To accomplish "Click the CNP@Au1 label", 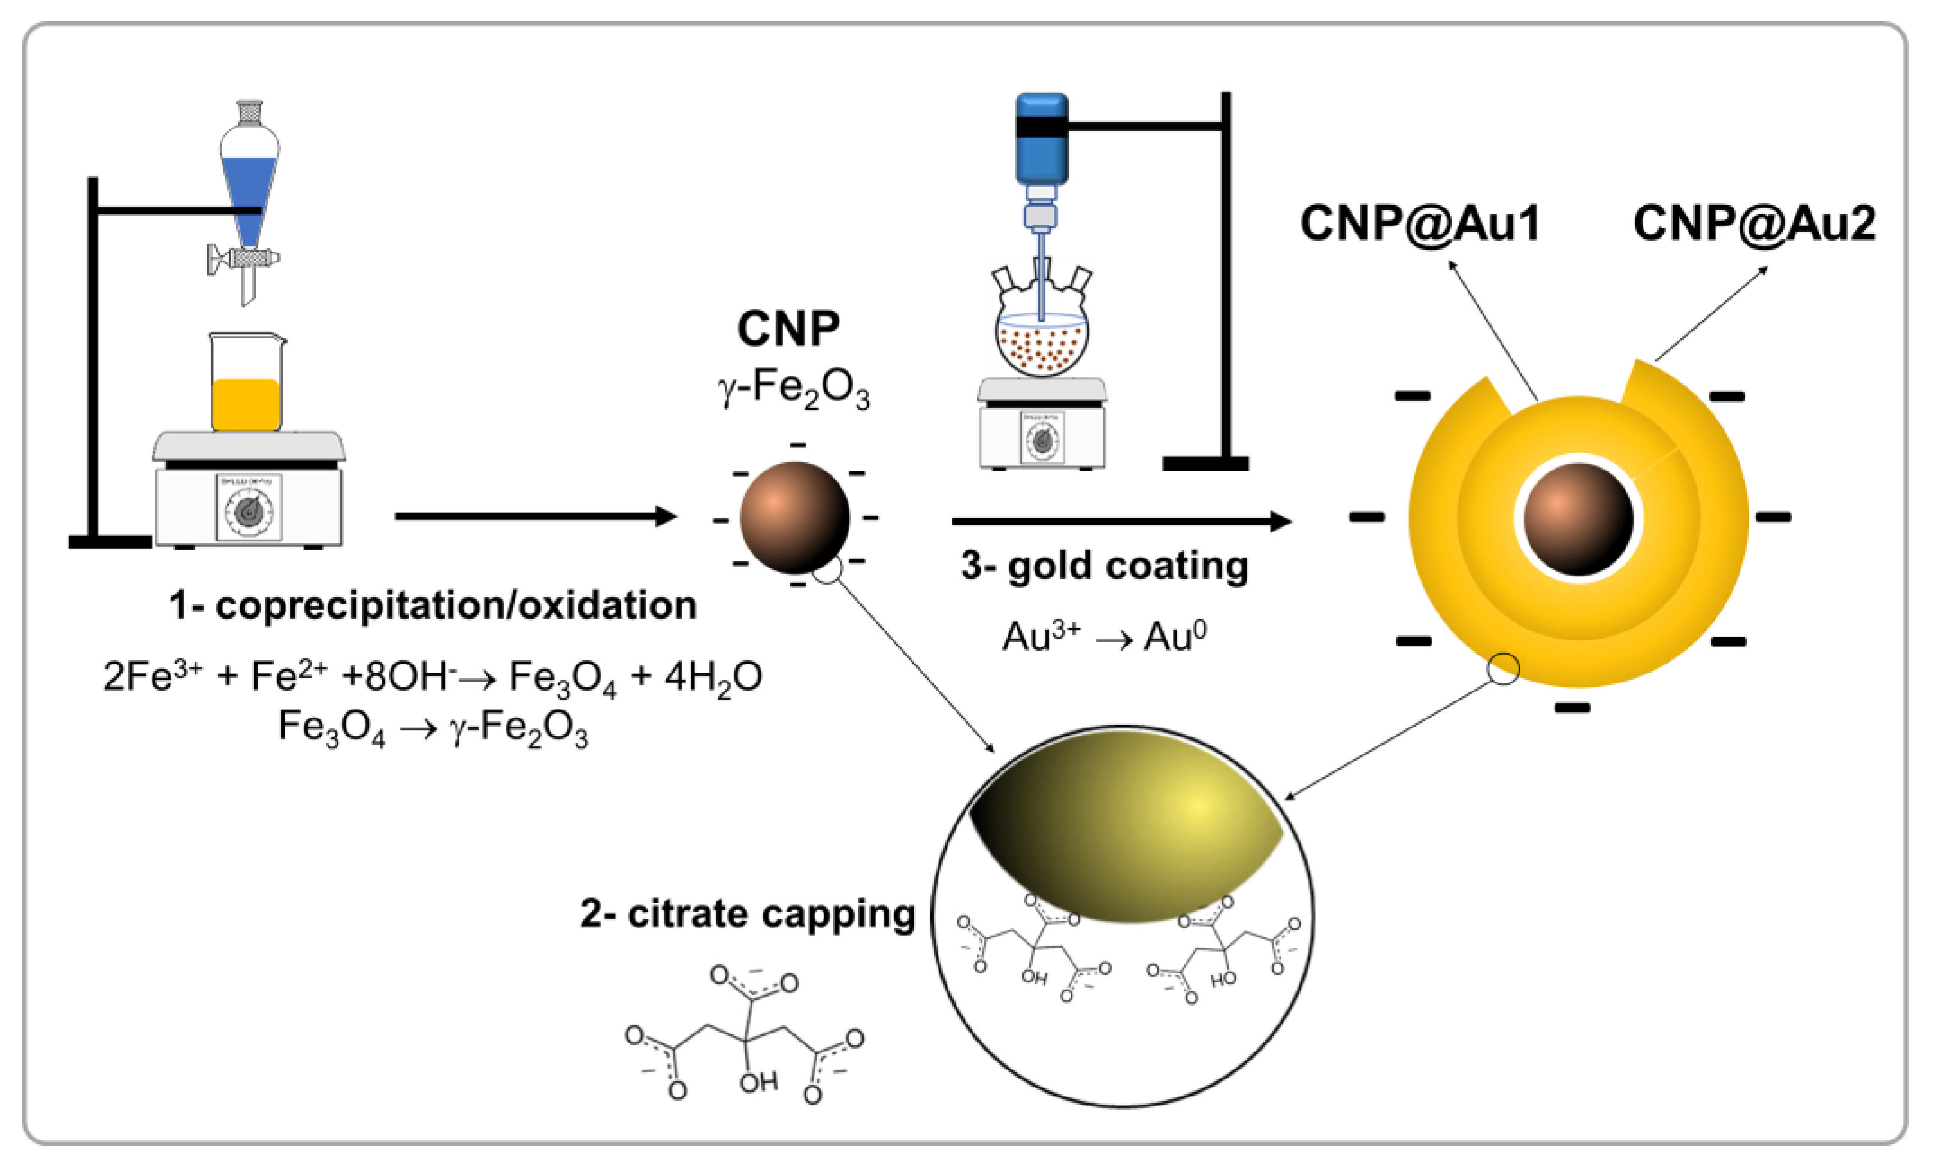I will click(1419, 224).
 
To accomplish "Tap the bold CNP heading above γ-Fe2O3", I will click(788, 329).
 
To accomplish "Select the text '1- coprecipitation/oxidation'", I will click(433, 606).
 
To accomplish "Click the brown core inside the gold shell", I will click(1578, 519).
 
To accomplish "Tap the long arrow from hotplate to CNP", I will click(534, 516).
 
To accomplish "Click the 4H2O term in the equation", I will click(713, 677).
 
